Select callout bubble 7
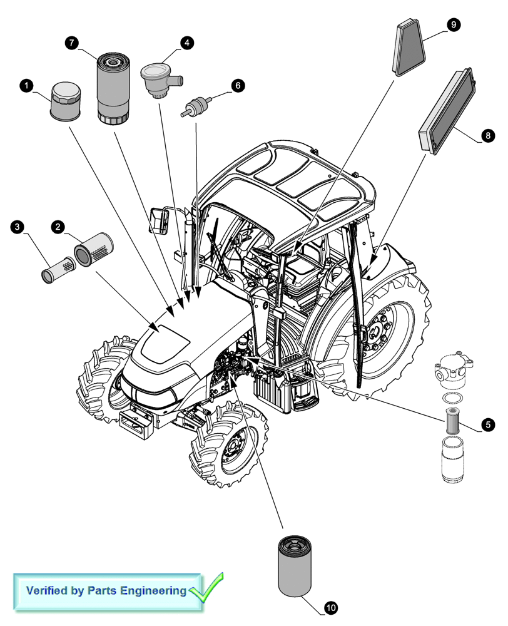72,42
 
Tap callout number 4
186,43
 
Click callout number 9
453,24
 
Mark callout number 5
487,425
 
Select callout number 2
58,226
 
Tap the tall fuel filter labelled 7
113,88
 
